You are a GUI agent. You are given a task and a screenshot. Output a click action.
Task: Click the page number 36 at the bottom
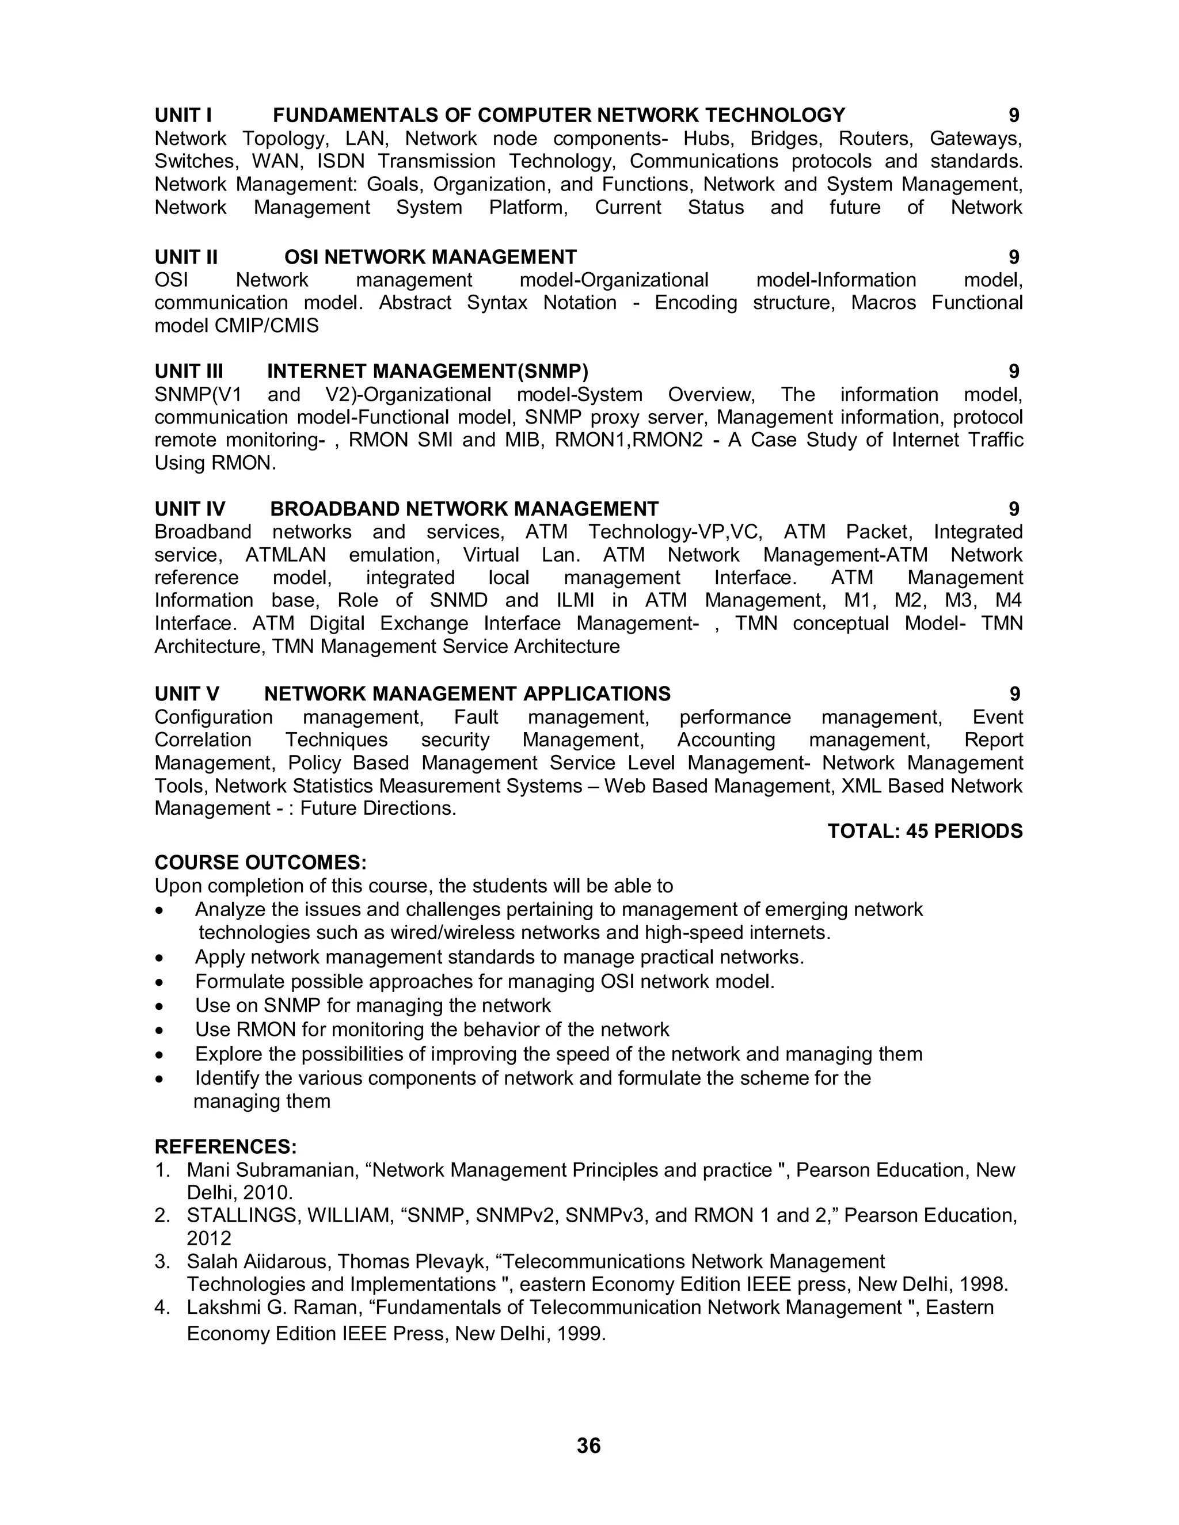589,1446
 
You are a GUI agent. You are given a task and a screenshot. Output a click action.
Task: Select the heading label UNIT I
183,115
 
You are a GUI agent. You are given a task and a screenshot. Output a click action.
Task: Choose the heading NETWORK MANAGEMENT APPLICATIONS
467,693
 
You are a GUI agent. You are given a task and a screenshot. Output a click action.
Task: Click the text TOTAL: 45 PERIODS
924,831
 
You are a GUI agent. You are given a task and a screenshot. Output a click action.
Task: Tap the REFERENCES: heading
226,1146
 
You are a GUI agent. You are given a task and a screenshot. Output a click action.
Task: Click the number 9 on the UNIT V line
1014,693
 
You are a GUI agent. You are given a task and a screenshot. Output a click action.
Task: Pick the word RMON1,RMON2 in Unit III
629,440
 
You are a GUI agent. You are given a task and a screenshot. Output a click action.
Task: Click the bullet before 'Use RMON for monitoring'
161,1031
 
